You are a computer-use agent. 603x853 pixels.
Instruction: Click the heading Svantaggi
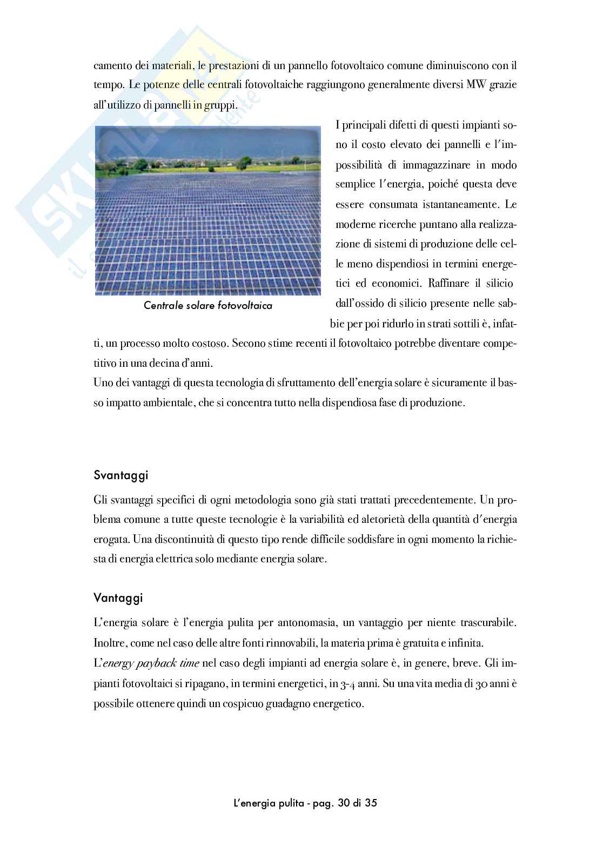[120, 476]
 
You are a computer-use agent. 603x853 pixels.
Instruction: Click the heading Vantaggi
[118, 598]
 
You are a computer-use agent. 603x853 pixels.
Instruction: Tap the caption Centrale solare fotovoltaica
[208, 306]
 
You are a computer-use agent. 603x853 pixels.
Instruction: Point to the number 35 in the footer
[371, 802]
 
